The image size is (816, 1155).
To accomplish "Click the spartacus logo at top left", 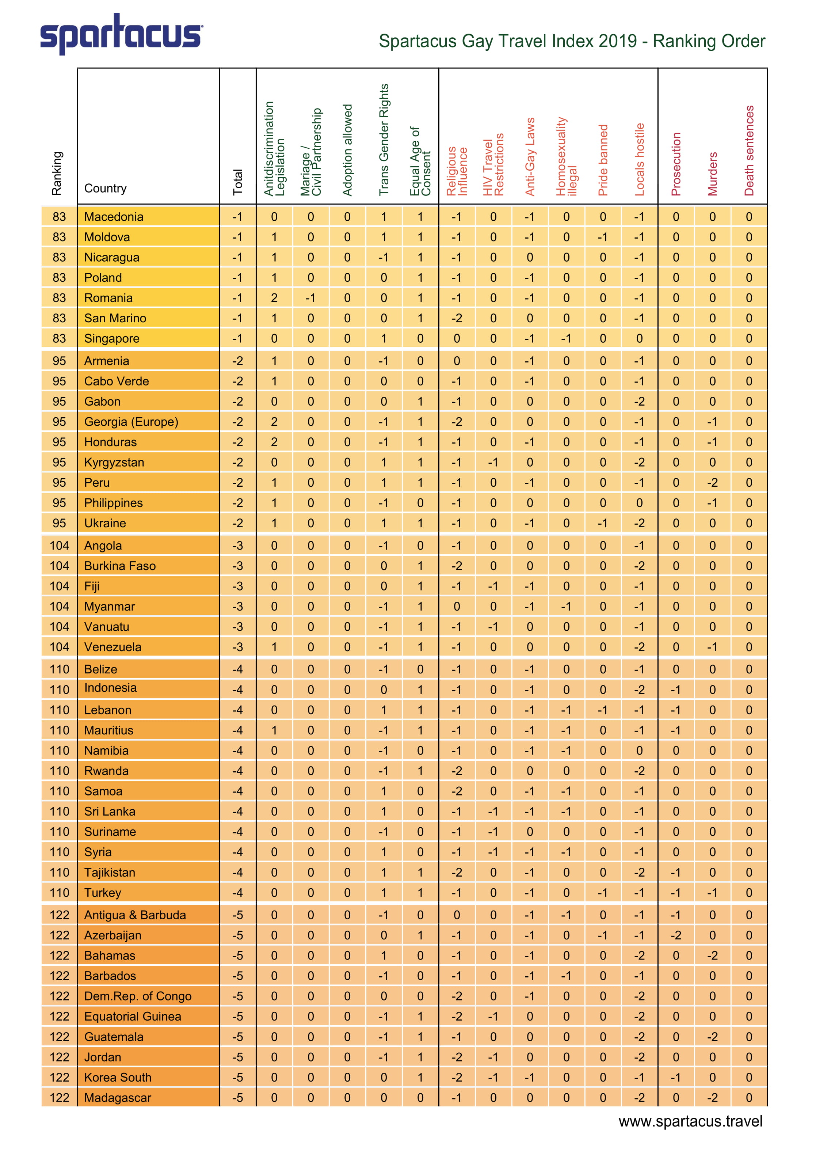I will pos(121,34).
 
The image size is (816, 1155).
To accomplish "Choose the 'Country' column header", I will pos(105,188).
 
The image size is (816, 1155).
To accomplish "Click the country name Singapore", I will pos(112,339).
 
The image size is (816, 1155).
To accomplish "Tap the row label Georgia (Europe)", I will pos(131,422).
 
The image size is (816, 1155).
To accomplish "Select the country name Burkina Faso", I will pos(120,566).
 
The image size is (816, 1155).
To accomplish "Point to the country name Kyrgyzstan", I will pos(114,462).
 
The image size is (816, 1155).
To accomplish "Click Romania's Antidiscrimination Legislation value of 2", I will pos(274,298).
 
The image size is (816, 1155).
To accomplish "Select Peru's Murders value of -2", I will pos(712,482).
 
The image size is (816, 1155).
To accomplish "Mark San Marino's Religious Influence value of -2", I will pos(456,318).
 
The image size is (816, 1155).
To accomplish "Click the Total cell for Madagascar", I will pos(237,1098).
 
